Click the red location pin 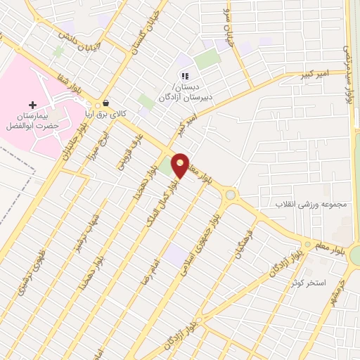pos(181,165)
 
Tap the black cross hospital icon pos(32,105)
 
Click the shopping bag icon pos(106,103)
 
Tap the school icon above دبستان pos(185,76)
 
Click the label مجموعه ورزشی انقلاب pos(314,205)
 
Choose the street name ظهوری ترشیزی pos(32,271)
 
